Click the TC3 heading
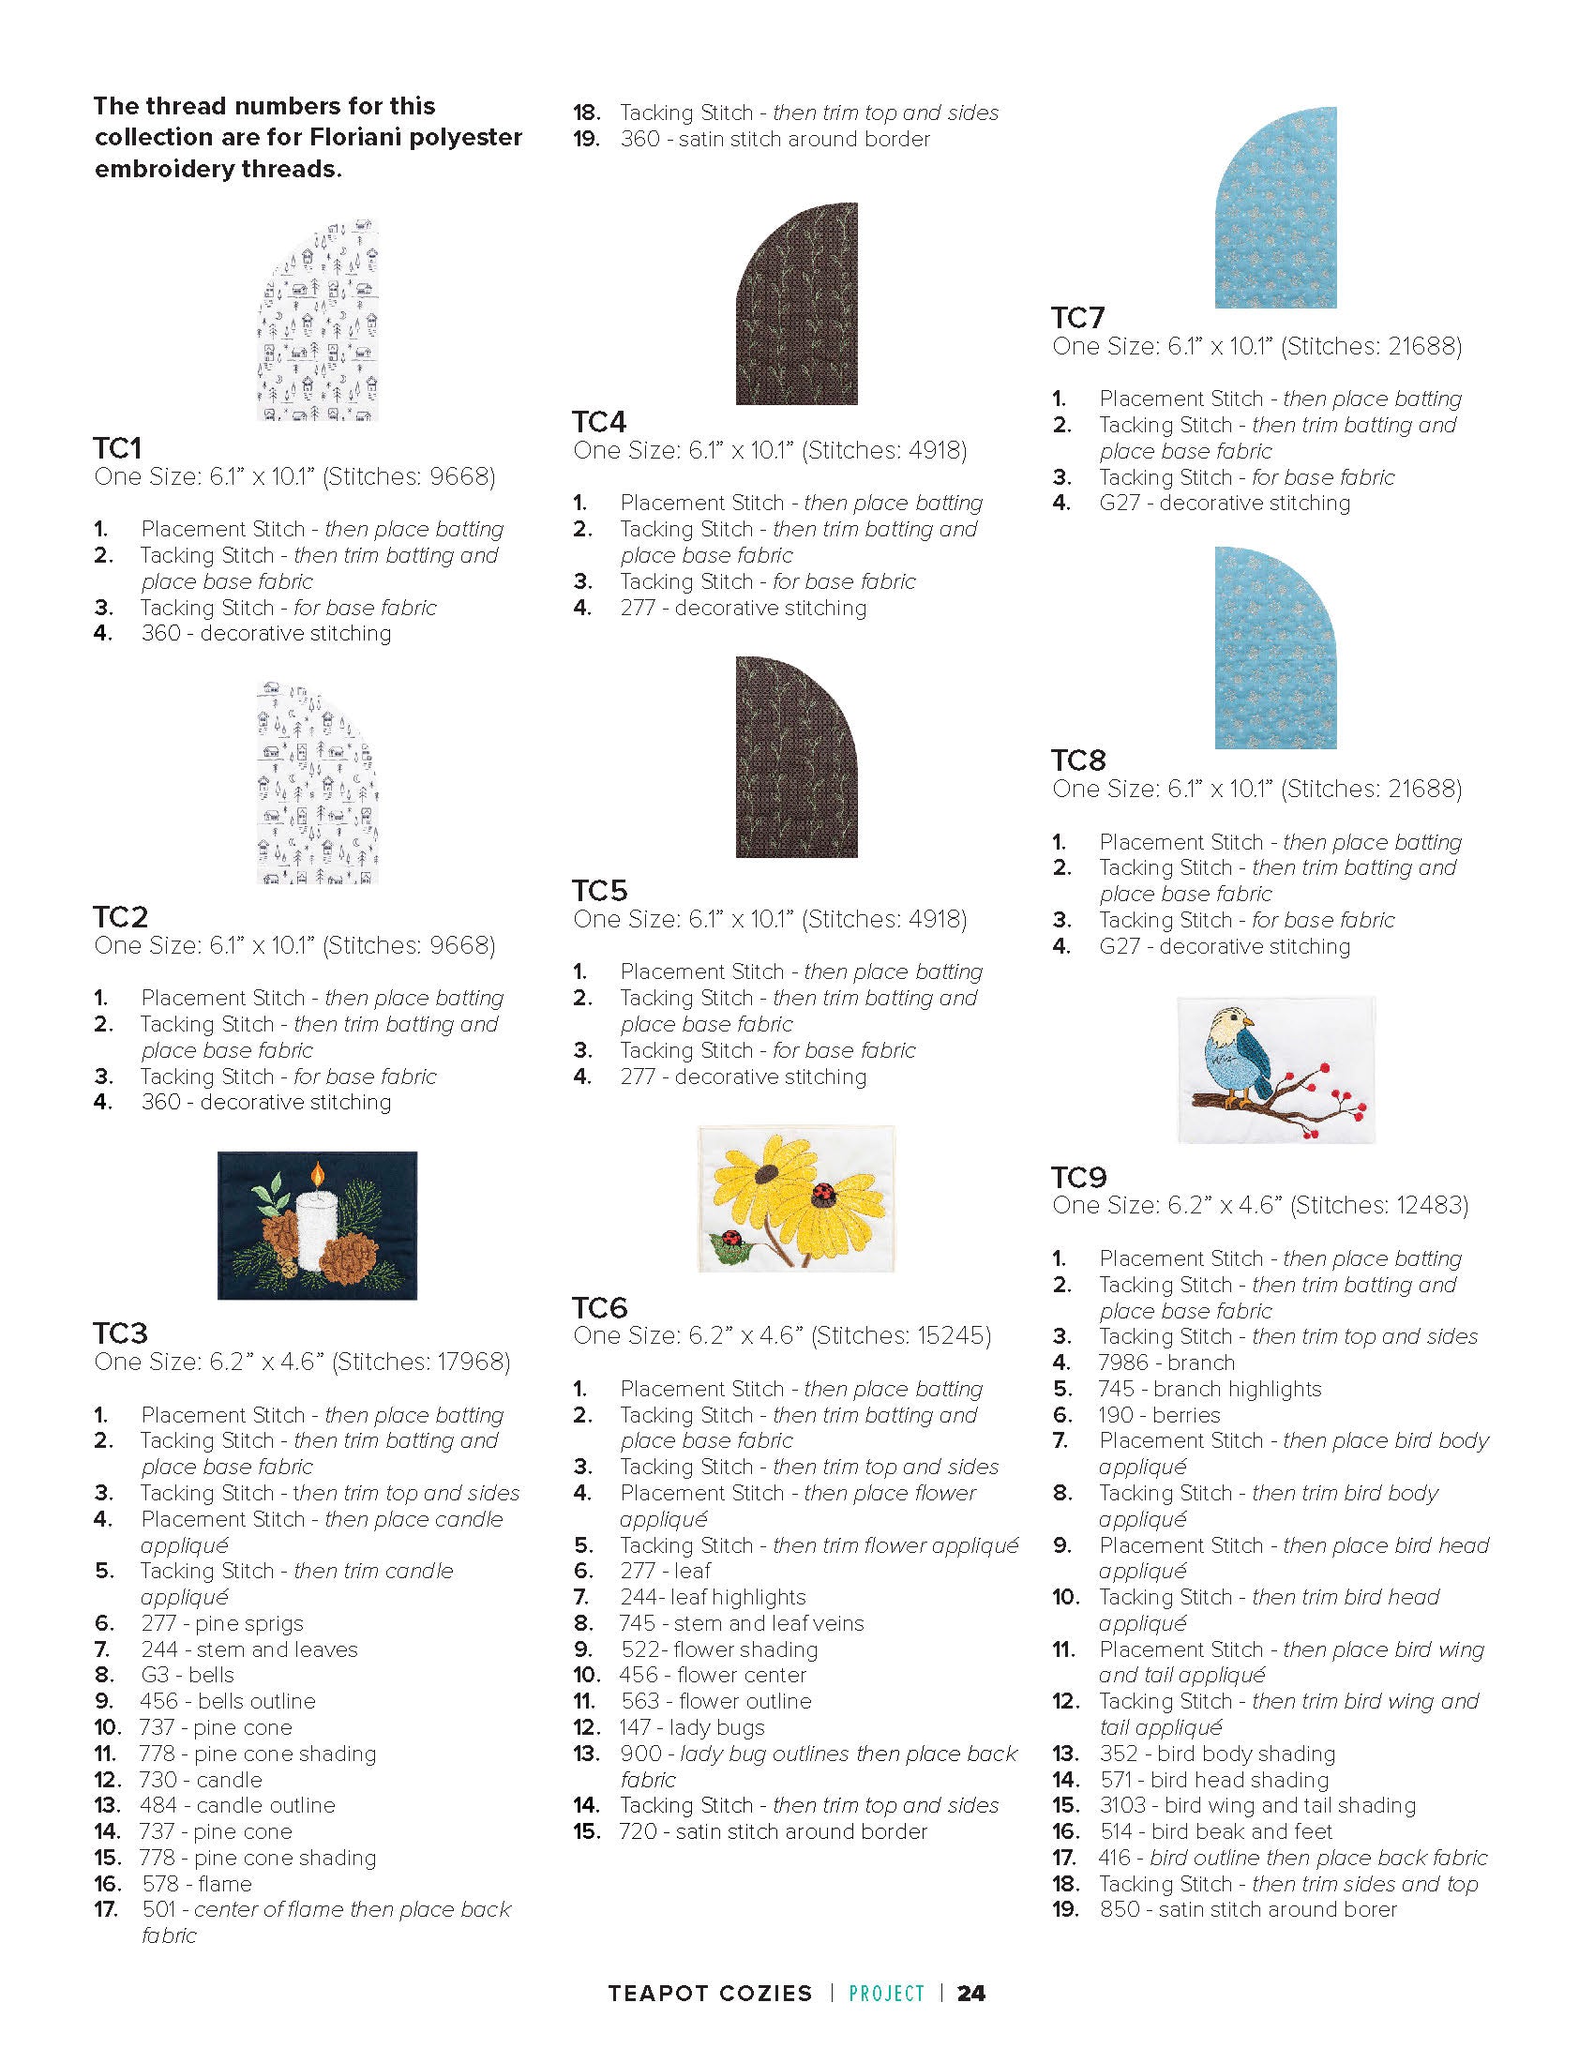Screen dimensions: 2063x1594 pos(120,1333)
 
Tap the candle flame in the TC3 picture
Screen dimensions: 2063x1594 pos(318,1174)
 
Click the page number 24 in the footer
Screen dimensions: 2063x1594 pos(970,1993)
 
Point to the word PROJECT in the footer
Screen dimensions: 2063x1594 pos(887,1993)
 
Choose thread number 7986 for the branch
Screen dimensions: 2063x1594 pos(1122,1363)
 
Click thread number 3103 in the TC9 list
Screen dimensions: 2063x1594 pos(1122,1805)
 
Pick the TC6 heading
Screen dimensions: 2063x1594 pos(600,1307)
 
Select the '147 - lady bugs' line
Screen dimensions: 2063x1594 pos(692,1726)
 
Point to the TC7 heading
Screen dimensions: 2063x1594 pos(1077,317)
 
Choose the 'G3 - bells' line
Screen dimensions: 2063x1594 pos(187,1675)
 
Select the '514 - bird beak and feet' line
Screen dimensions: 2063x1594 pos(1215,1830)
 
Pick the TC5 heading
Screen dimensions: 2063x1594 pos(600,890)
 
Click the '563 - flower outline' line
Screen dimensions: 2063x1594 pos(715,1701)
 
